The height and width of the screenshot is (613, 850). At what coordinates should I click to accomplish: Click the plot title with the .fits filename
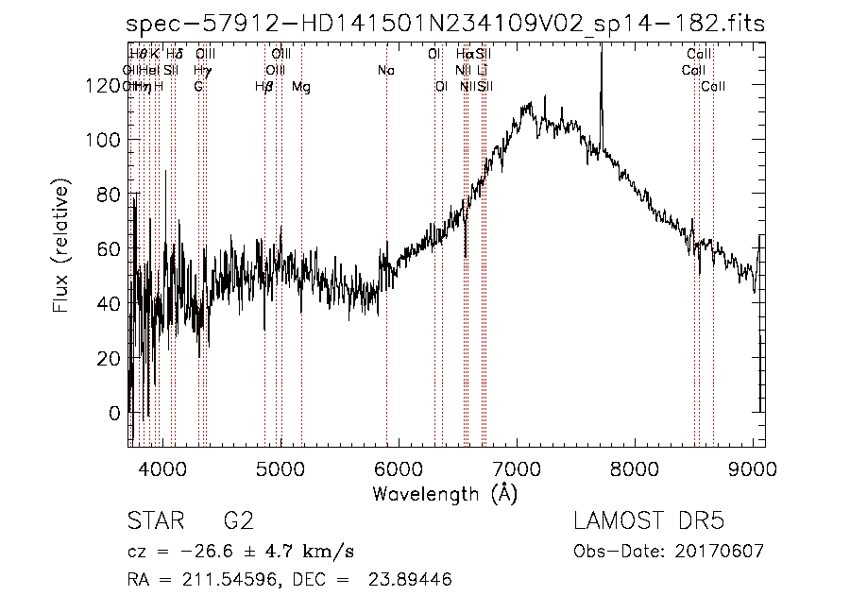pyautogui.click(x=446, y=23)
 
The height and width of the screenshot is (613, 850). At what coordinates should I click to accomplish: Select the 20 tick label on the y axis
pyautogui.click(x=110, y=359)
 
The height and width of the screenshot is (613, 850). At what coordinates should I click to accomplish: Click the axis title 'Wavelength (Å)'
pyautogui.click(x=445, y=493)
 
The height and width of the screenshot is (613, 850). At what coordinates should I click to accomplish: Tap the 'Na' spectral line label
pyautogui.click(x=385, y=70)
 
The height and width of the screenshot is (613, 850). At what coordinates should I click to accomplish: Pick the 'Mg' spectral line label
pyautogui.click(x=300, y=87)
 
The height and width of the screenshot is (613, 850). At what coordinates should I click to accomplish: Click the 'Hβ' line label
pyautogui.click(x=264, y=87)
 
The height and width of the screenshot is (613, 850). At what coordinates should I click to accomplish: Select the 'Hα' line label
pyautogui.click(x=464, y=55)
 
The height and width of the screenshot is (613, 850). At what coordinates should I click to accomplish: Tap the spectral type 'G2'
pyautogui.click(x=238, y=521)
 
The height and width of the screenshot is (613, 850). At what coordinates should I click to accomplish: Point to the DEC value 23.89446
pyautogui.click(x=413, y=580)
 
